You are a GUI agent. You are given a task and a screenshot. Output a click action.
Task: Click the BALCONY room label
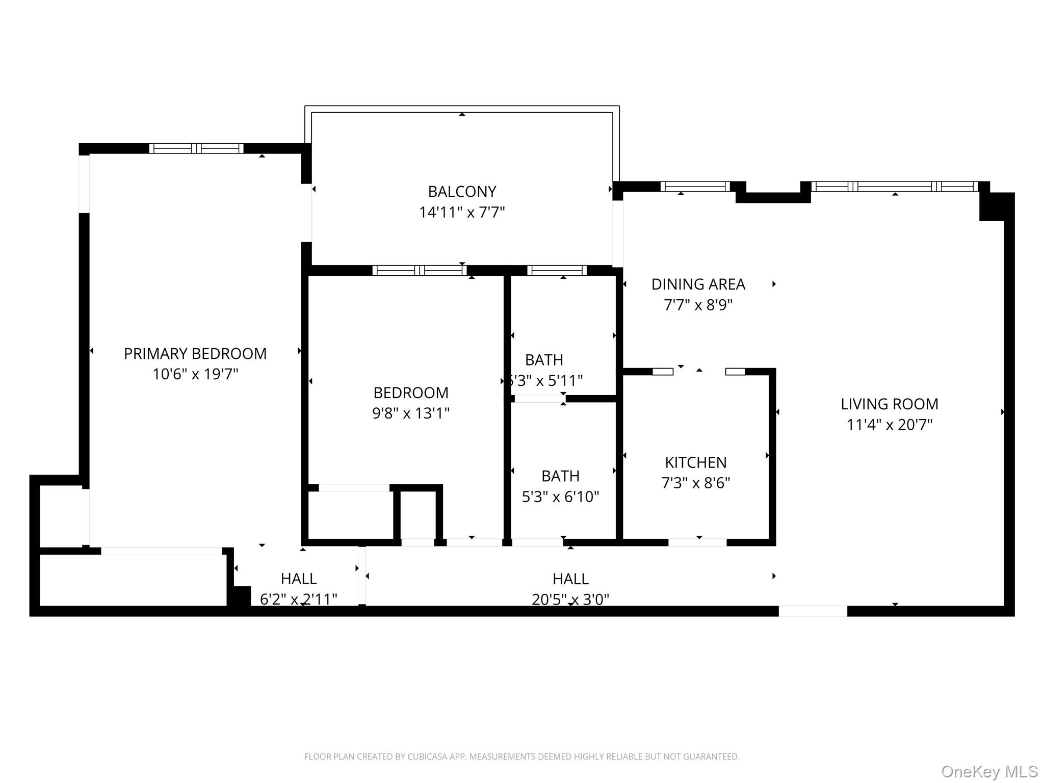462,192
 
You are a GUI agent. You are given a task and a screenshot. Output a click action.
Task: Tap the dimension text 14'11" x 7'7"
462,212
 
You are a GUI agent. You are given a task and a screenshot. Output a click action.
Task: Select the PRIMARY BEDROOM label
195,354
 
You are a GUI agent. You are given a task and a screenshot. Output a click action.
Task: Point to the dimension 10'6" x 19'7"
195,374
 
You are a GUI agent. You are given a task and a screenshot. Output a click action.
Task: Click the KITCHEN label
696,462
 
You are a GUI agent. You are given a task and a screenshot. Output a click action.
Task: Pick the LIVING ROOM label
890,404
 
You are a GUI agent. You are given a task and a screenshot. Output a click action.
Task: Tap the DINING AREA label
698,284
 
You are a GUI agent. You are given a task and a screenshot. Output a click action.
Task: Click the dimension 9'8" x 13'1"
411,413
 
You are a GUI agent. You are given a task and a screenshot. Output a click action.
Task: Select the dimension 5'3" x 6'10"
560,497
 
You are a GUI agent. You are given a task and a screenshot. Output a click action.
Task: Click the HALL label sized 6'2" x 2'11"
299,579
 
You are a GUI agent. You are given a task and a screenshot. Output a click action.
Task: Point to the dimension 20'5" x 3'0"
570,599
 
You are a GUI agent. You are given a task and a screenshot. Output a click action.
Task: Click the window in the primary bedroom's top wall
196,148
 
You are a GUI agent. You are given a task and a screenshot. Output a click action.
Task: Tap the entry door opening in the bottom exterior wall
813,611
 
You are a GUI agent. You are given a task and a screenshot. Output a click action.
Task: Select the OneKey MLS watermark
989,771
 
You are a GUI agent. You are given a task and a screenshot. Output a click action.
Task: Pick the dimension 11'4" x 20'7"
890,425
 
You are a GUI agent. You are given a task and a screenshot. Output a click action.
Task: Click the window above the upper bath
557,271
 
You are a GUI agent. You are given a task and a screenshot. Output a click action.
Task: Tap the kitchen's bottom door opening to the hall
697,542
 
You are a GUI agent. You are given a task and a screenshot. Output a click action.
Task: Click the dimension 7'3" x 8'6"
696,483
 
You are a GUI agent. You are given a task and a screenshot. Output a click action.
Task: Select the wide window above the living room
895,187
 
